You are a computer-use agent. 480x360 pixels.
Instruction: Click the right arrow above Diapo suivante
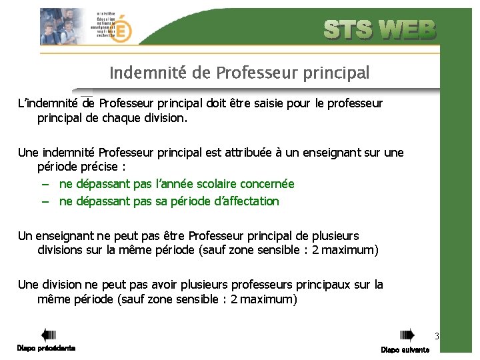(406, 335)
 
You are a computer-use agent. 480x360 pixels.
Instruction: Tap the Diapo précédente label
(46, 348)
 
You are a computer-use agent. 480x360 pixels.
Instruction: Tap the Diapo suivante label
(405, 350)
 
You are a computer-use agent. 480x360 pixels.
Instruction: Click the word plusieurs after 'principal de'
(332, 235)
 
